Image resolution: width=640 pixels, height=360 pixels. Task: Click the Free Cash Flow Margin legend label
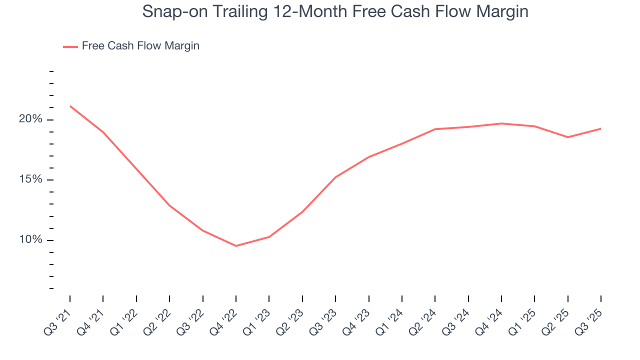click(x=140, y=46)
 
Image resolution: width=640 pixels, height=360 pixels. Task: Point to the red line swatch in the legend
click(x=70, y=46)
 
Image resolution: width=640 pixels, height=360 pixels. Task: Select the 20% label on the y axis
click(x=30, y=119)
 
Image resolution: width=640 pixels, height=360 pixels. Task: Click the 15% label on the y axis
click(x=30, y=179)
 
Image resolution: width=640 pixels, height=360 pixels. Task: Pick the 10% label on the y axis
click(x=30, y=240)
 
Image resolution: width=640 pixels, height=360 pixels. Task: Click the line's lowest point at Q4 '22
click(x=236, y=245)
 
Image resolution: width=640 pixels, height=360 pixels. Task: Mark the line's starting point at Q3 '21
click(x=70, y=106)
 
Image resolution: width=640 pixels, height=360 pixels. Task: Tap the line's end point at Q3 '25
click(x=600, y=128)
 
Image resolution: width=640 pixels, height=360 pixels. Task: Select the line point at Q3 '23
click(x=335, y=177)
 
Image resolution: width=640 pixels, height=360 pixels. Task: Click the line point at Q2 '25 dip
click(x=567, y=137)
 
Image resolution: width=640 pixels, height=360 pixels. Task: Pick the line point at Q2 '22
click(x=169, y=205)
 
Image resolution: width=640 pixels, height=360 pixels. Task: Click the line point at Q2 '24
click(x=435, y=129)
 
